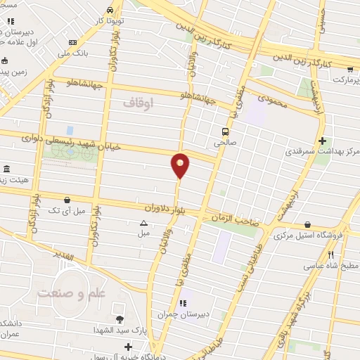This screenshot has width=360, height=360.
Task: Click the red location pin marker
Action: coord(180,165)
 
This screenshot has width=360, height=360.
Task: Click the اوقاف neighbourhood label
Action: coord(138,102)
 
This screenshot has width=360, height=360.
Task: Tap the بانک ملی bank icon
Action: coord(72,41)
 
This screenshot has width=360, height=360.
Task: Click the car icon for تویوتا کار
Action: coord(111,10)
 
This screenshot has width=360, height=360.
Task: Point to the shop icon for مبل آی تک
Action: coord(67,200)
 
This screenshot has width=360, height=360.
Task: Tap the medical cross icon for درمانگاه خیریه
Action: coord(128,346)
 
